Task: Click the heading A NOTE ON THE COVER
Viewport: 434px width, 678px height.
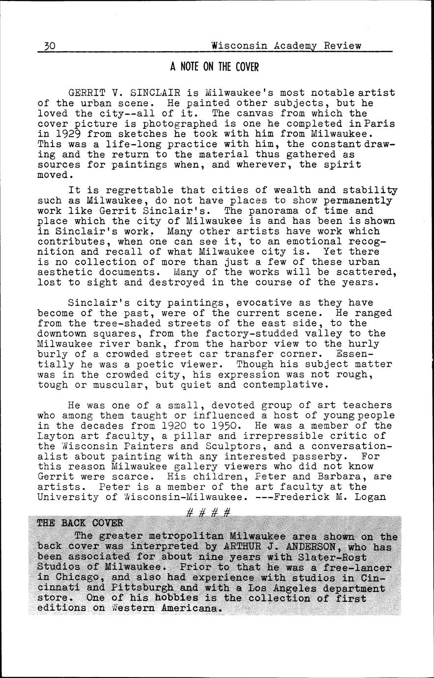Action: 214,67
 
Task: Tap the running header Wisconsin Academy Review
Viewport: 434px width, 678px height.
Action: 286,46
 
